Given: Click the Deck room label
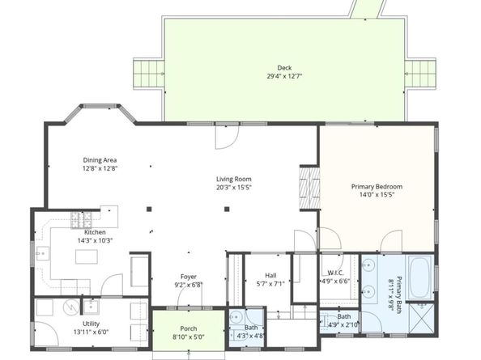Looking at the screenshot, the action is pos(284,68).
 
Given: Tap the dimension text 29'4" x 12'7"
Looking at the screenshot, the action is pos(284,76).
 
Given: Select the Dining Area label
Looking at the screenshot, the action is pos(100,160).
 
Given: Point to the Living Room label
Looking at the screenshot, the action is pos(234,179).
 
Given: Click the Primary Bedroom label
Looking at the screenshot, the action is pos(377,187).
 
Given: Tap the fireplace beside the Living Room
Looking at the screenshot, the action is pos(309,188).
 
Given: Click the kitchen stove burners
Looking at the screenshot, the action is pos(81,220).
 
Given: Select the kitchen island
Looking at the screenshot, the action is pos(87,256).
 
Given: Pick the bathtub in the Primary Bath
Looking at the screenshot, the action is pos(419,277).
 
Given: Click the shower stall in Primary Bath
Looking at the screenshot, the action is pos(422,318).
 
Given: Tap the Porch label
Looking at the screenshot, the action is pos(189,328).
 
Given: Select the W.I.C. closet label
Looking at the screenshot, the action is pos(335,273).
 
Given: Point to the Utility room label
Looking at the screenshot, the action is pos(92,324).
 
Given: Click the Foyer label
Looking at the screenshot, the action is pos(189,277).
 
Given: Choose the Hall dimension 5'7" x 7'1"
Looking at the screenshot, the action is pos(270,284).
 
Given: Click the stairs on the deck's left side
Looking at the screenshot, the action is pos(149,74).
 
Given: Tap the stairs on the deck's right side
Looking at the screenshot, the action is pos(420,74).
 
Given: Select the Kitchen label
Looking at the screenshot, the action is pos(95,232).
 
